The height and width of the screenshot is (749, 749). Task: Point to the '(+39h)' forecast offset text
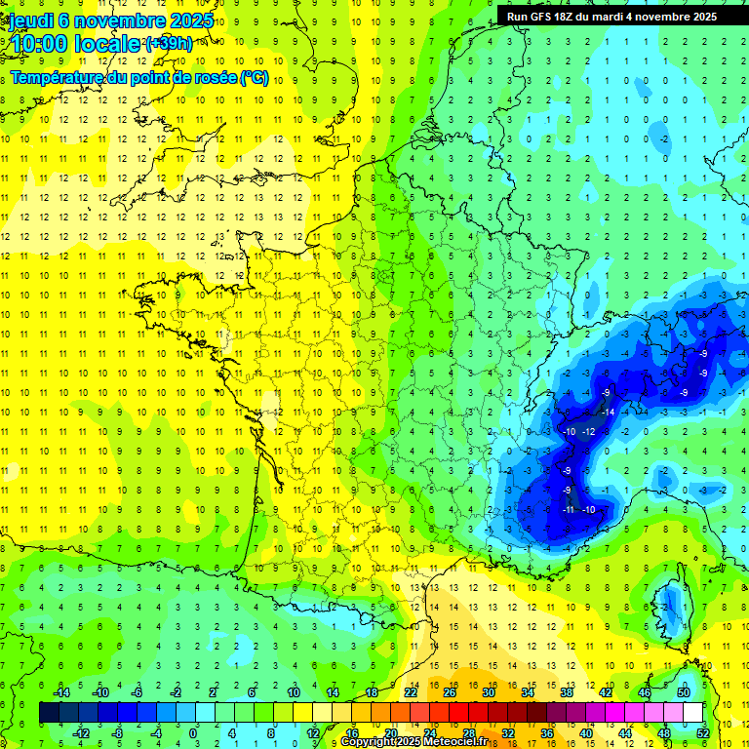coord(168,43)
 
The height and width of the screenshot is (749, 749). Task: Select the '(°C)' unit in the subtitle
coord(255,78)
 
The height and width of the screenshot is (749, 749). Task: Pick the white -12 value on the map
coord(588,431)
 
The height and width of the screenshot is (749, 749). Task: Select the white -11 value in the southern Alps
coord(570,509)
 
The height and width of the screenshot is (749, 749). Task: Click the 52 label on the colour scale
coord(702,733)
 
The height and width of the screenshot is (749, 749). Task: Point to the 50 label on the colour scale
coord(683,691)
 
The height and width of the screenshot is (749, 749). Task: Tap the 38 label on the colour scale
coord(566,691)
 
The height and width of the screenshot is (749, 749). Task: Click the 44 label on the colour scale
coord(624,733)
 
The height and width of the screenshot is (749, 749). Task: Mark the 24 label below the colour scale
coord(429,733)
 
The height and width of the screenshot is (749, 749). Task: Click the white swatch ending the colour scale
coord(692,713)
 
